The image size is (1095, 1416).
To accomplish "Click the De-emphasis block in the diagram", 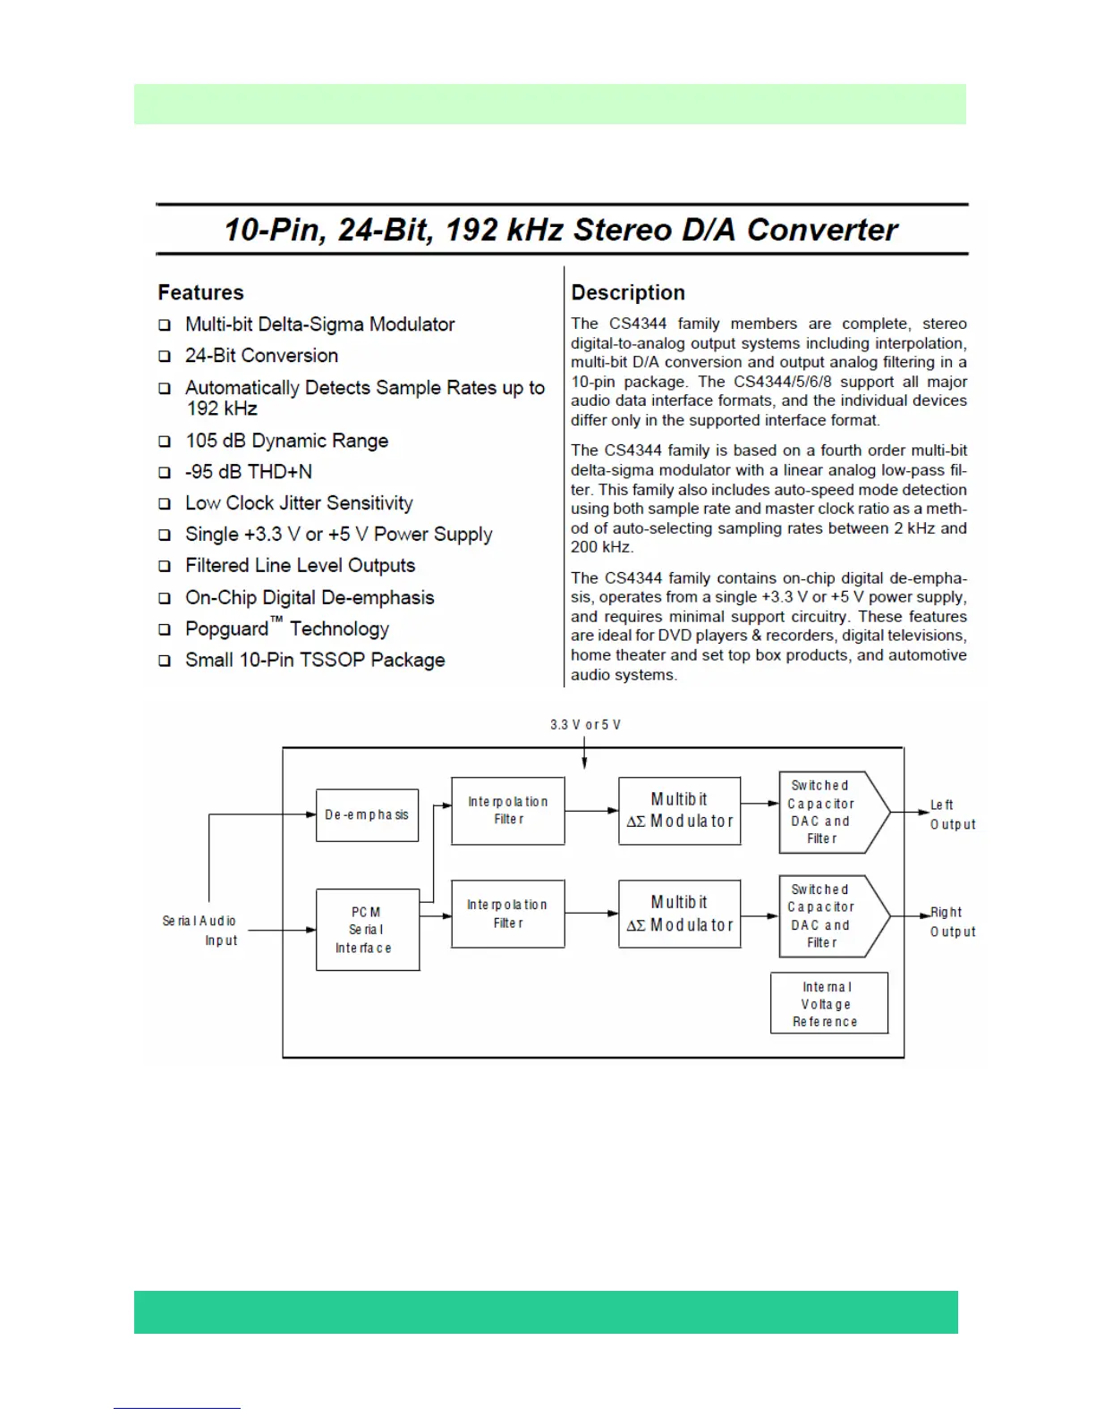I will [x=367, y=814].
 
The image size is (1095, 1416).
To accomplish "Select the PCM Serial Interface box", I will [x=368, y=930].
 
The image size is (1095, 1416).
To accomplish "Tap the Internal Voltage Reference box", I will [x=829, y=1003].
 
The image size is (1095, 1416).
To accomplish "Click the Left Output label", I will [x=952, y=814].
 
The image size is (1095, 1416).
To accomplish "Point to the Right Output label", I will [x=952, y=922].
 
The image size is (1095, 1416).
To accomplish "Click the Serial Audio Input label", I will [x=200, y=930].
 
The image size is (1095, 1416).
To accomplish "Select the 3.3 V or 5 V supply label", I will [x=585, y=724].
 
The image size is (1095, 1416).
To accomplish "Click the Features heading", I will [x=200, y=292].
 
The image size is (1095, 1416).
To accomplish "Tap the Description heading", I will [x=628, y=292].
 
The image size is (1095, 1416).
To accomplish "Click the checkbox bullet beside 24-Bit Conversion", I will [x=165, y=356].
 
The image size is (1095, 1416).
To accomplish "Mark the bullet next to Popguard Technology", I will [x=165, y=629].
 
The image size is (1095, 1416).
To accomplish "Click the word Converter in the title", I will [x=822, y=230].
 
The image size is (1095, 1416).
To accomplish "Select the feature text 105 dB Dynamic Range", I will [x=286, y=441].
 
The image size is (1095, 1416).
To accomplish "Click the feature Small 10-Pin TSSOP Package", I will [x=315, y=661].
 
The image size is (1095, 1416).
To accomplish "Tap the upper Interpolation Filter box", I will [x=507, y=811].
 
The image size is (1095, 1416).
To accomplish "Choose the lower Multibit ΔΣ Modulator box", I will [x=679, y=914].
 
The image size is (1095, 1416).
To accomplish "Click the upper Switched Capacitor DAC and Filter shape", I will [x=828, y=812].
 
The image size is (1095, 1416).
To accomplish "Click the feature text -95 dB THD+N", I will [x=249, y=472].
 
